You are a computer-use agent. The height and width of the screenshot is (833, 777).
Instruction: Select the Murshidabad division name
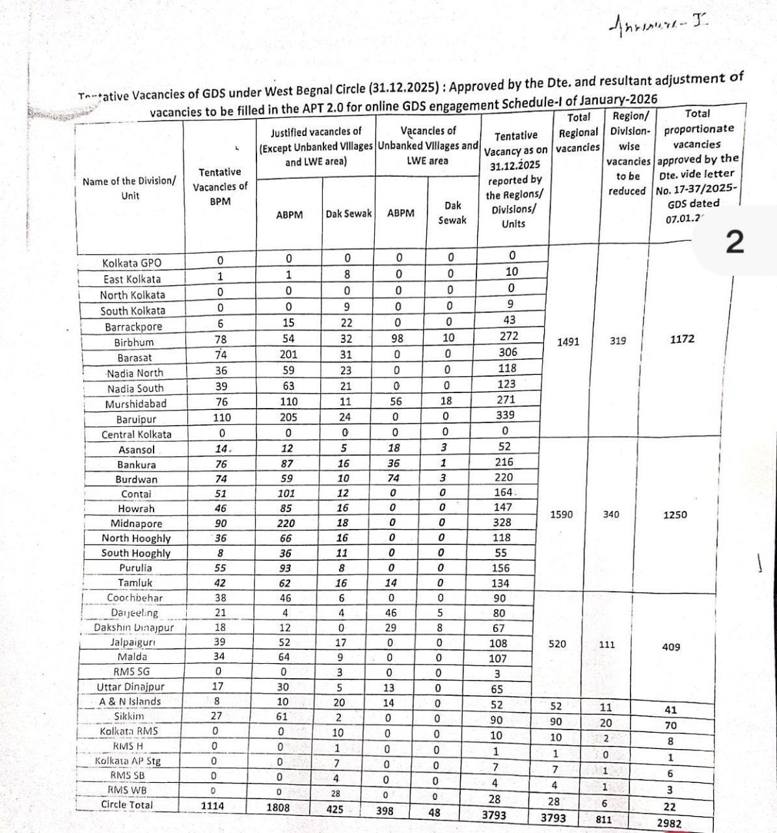(135, 404)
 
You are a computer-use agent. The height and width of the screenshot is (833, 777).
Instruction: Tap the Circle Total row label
(127, 805)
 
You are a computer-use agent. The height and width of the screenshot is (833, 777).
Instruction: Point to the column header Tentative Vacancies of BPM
(220, 187)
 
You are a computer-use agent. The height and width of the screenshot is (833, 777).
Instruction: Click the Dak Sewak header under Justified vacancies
(349, 213)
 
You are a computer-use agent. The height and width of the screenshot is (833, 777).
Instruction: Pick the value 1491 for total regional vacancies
(568, 342)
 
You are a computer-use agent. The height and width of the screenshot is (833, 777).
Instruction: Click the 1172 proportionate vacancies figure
(682, 339)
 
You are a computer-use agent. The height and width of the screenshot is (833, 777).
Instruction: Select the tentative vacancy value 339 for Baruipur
(505, 415)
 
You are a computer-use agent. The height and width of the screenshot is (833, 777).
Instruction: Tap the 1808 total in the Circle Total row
(278, 808)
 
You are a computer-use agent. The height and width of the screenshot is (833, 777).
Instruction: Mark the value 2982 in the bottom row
(669, 823)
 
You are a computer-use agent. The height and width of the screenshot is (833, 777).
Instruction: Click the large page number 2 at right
(733, 243)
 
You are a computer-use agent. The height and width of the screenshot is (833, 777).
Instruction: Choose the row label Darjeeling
(134, 613)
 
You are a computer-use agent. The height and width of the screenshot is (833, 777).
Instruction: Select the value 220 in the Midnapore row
(286, 523)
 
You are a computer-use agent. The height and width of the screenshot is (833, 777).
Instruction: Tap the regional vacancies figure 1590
(562, 515)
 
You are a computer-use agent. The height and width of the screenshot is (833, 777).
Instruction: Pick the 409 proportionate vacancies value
(671, 648)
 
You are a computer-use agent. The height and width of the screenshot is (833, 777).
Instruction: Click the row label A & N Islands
(130, 702)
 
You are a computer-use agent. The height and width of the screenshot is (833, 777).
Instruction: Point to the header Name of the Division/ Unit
(129, 188)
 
